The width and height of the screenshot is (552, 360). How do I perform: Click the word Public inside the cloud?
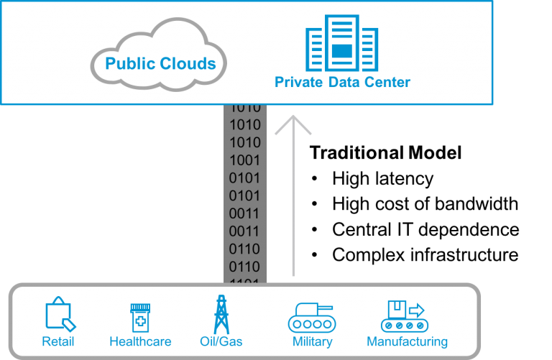[x=130, y=64]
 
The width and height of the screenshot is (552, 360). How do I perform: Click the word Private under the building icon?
[x=298, y=82]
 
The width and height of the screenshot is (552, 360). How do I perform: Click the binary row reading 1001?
[x=244, y=160]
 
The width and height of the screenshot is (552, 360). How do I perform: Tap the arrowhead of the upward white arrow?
[x=293, y=122]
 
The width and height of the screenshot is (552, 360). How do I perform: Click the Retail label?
[x=58, y=342]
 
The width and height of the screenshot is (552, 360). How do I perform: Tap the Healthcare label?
[x=139, y=342]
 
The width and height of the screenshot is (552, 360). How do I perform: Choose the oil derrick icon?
[x=221, y=315]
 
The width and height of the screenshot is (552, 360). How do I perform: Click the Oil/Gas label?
[x=221, y=342]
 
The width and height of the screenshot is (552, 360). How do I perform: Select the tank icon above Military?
[x=311, y=317]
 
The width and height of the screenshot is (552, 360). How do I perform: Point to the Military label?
[x=312, y=342]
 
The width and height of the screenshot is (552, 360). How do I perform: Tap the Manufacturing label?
[x=407, y=342]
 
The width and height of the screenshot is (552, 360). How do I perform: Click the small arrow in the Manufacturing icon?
[x=417, y=310]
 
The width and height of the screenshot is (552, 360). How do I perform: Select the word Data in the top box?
[x=342, y=82]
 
